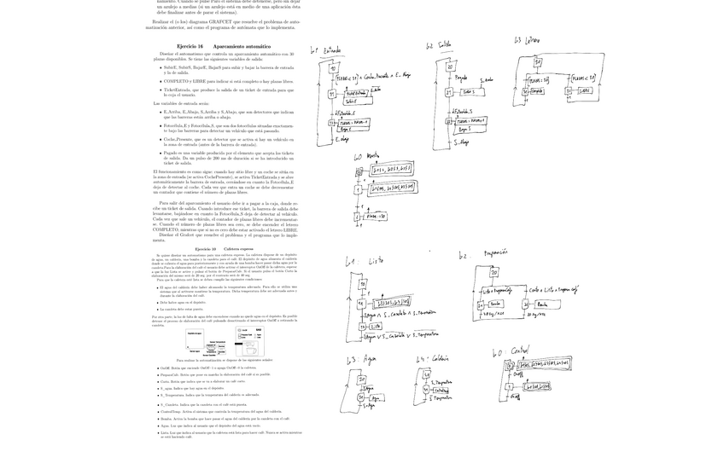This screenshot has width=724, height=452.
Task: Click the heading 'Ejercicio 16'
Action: tap(190, 46)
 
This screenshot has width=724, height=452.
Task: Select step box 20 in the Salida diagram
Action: tap(450, 67)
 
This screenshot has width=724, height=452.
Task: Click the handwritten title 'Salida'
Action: tap(444, 44)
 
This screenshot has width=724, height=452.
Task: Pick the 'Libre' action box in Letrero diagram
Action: tap(585, 90)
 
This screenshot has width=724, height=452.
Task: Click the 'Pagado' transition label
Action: tap(461, 78)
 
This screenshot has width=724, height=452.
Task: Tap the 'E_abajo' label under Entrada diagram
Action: tap(342, 139)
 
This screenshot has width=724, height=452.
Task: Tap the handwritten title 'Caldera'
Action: tap(434, 359)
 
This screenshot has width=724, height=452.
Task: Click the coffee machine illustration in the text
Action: tap(249, 341)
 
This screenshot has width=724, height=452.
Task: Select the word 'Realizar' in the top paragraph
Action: tap(164, 20)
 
